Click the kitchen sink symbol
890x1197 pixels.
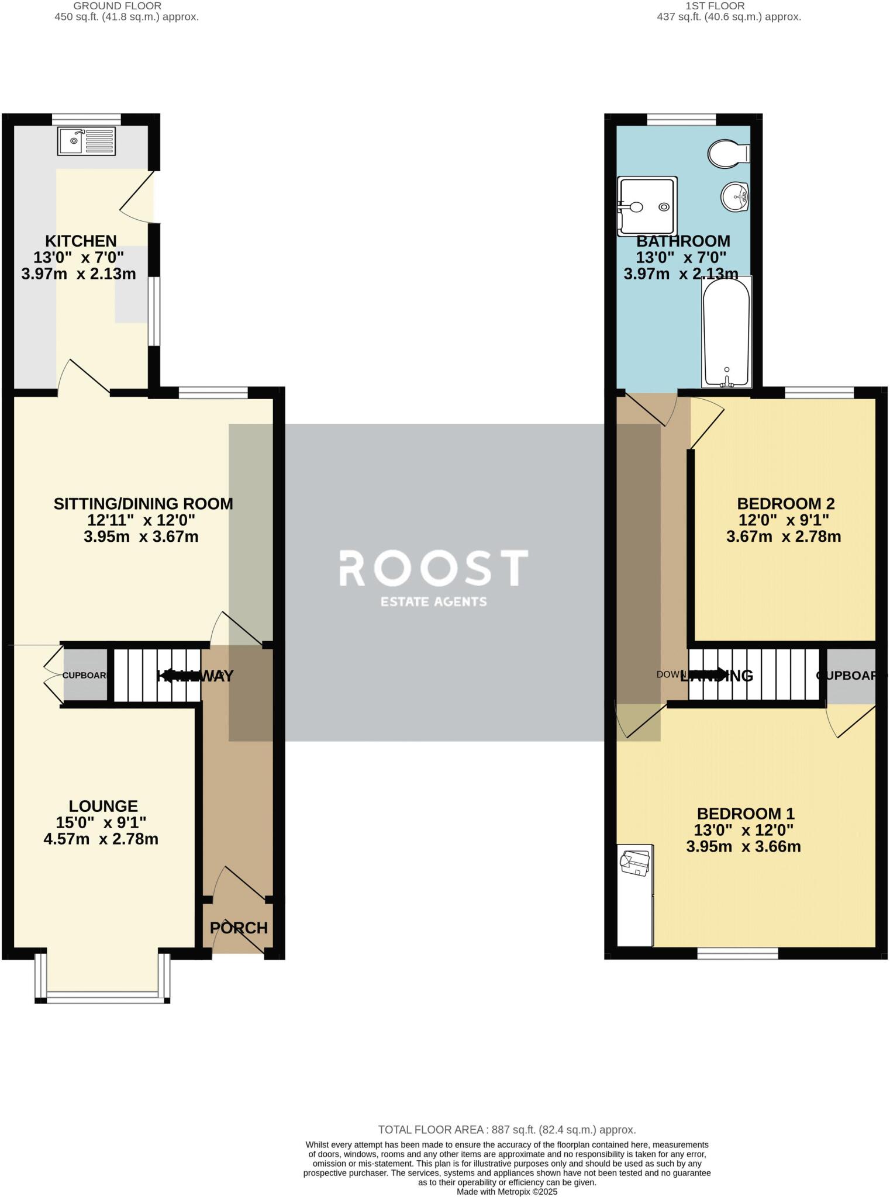[x=87, y=141]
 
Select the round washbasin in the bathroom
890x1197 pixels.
[x=734, y=196]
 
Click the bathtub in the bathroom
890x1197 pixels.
[x=726, y=332]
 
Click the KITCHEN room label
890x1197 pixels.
[x=81, y=241]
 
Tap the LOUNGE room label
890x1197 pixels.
[x=103, y=806]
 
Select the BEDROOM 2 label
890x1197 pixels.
[x=785, y=503]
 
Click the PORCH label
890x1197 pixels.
[x=239, y=928]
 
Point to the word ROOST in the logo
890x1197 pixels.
[x=433, y=568]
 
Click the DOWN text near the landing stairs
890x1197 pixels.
[x=671, y=674]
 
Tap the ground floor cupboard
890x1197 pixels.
[x=85, y=675]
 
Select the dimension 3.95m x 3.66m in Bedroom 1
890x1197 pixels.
[x=743, y=846]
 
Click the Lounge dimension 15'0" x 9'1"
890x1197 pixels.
[x=101, y=822]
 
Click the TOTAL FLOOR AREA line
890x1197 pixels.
[x=506, y=1130]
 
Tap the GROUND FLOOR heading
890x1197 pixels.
[x=117, y=6]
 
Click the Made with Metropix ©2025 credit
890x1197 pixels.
[x=507, y=1191]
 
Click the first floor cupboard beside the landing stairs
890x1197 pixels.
[x=851, y=675]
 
